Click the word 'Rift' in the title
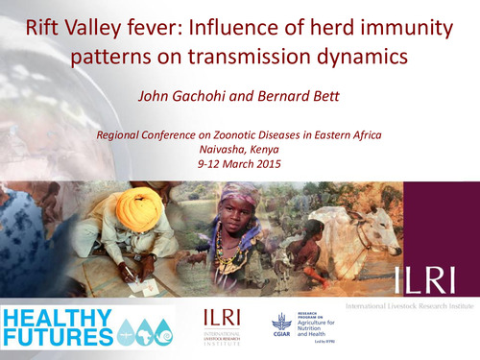coord(48,27)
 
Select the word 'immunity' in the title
coord(407,27)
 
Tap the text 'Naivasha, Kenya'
coord(239,150)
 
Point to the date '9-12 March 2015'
coord(239,164)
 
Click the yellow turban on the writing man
coord(137,204)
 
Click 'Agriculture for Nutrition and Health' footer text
coord(326,329)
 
